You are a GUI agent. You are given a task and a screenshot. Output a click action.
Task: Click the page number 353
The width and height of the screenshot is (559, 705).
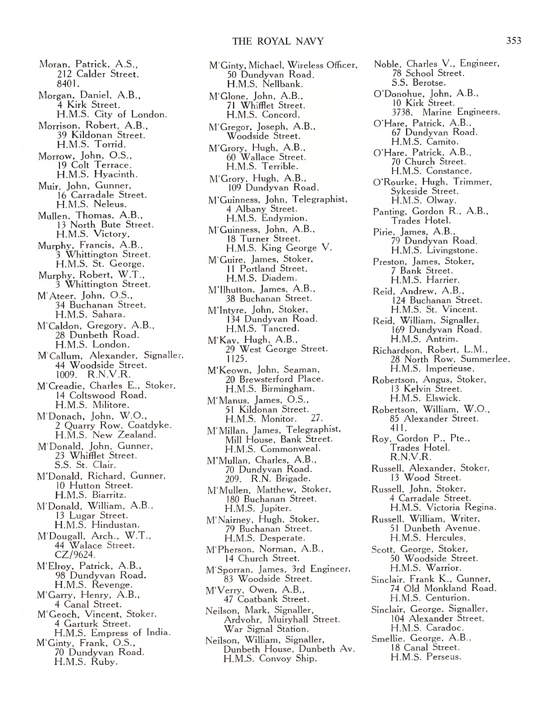click(x=513, y=41)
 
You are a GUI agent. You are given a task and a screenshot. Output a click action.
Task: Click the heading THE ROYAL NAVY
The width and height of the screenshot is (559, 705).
click(x=278, y=41)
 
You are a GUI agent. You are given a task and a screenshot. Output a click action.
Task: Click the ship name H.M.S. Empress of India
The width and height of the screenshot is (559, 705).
click(x=112, y=633)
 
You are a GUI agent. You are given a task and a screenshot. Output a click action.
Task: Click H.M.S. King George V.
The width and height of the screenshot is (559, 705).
click(x=279, y=248)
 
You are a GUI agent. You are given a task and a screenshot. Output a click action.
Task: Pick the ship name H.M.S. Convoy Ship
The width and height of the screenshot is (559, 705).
click(x=270, y=659)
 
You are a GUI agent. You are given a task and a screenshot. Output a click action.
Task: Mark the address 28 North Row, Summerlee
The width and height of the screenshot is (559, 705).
click(x=450, y=359)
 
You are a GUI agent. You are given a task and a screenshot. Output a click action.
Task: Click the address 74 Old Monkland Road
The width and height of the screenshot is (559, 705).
click(x=443, y=588)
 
